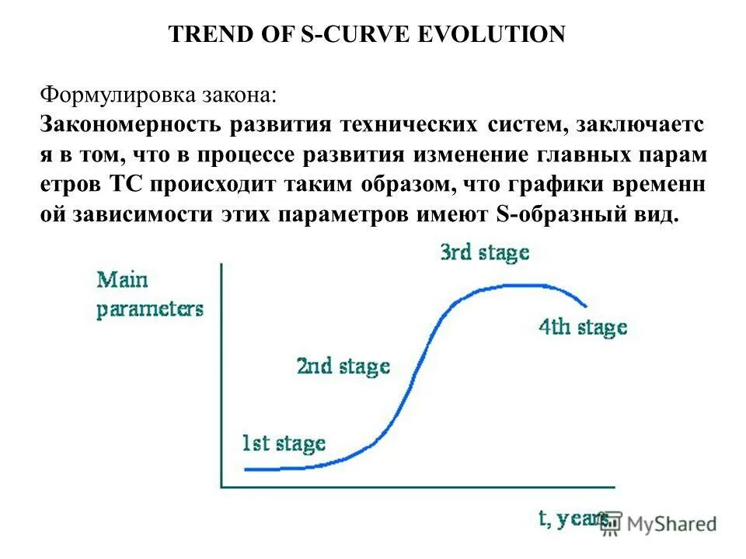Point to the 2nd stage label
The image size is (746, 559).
pos(343,366)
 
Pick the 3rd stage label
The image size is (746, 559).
pos(484,252)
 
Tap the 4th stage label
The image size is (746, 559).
pos(583,327)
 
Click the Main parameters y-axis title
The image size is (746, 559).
pos(149,294)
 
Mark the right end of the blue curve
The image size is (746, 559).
pos(586,305)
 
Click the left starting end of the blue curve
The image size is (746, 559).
pos(246,469)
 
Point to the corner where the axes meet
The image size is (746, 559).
pos(222,487)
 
